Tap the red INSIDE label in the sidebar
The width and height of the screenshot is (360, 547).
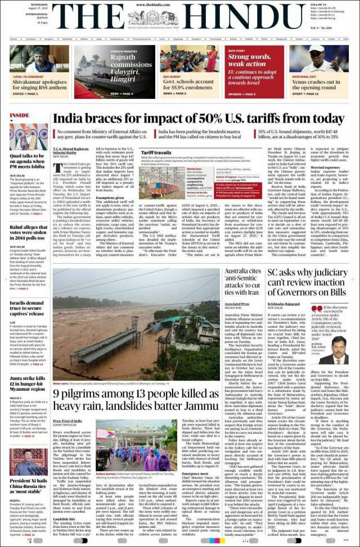[20, 115]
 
